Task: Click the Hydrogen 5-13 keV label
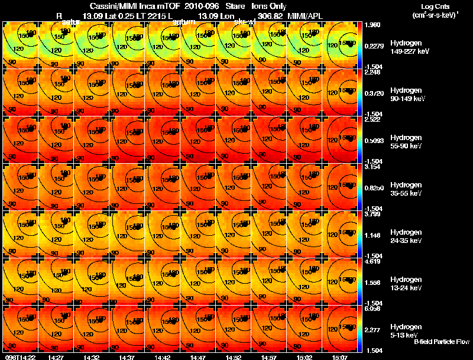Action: [x=406, y=331]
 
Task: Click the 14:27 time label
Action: [x=56, y=356]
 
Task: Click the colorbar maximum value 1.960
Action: [x=372, y=25]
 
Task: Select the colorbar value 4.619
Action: [x=372, y=261]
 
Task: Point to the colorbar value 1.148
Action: [x=372, y=235]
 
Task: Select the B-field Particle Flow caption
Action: [x=441, y=342]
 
